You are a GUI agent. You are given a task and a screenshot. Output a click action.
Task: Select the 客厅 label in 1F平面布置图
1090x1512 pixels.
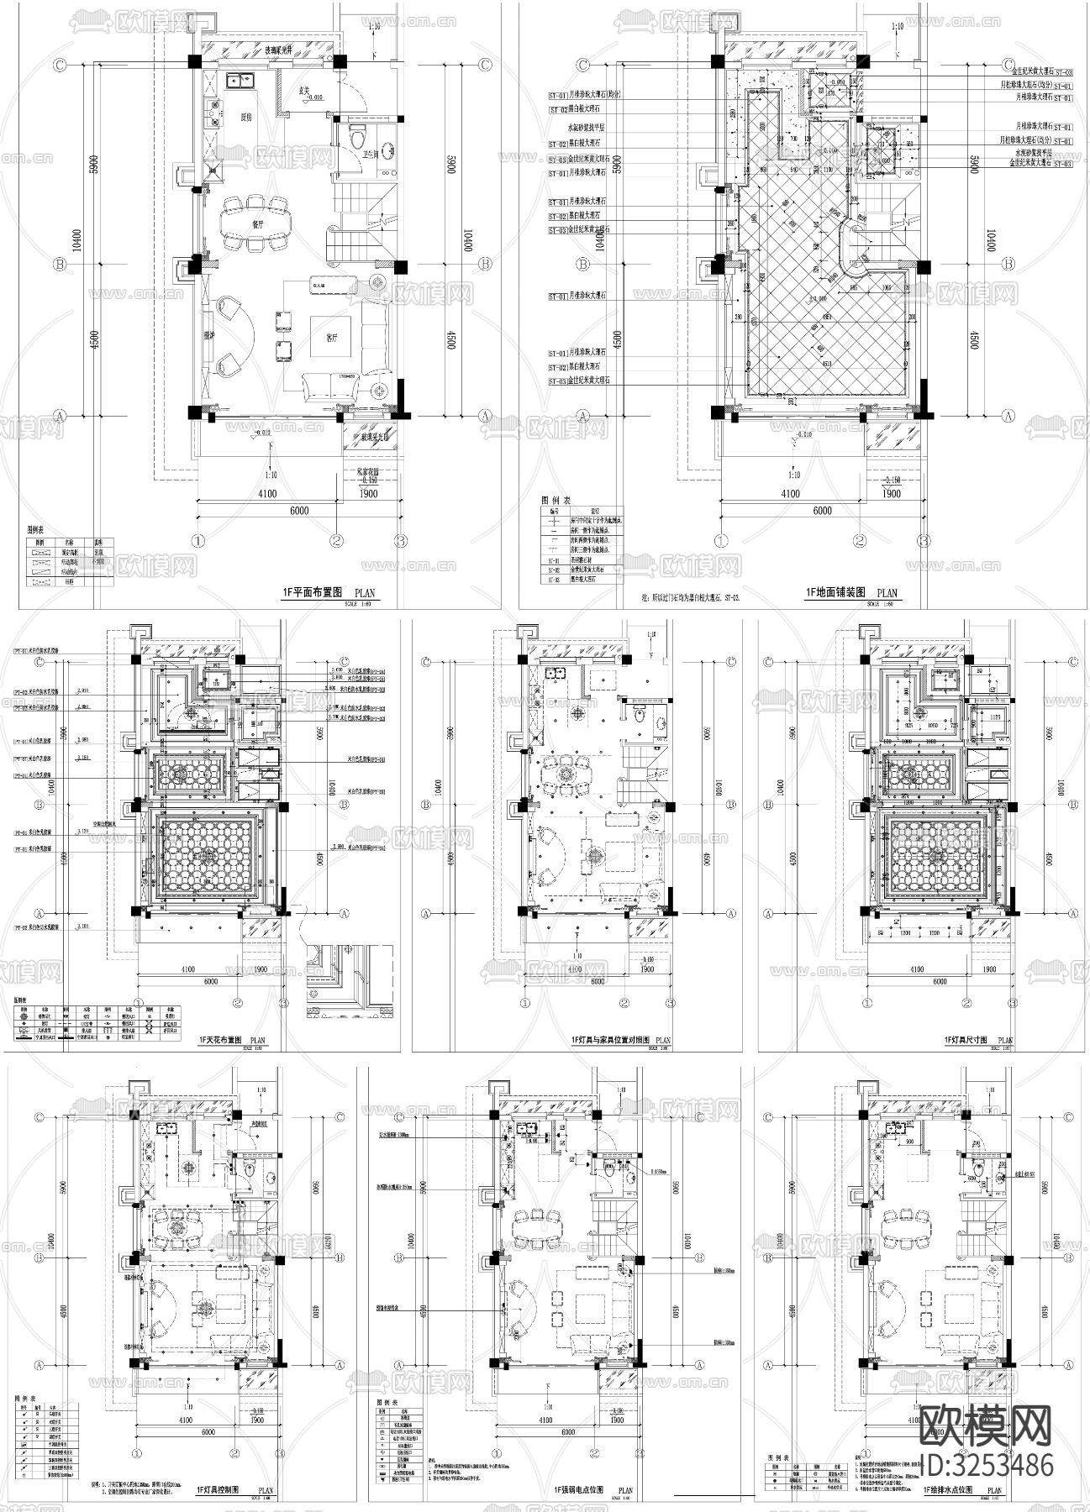[x=332, y=338]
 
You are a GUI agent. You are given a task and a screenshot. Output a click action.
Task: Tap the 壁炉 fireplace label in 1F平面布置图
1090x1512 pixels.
[x=209, y=335]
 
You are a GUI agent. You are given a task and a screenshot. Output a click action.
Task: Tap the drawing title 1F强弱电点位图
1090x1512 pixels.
[x=580, y=1489]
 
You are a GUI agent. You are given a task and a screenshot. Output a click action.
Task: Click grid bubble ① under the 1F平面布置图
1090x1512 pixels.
[x=198, y=540]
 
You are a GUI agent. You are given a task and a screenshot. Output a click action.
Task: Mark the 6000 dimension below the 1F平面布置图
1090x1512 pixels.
[x=299, y=510]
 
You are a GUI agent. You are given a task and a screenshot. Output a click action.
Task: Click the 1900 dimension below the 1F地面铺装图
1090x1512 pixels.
[x=892, y=493]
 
